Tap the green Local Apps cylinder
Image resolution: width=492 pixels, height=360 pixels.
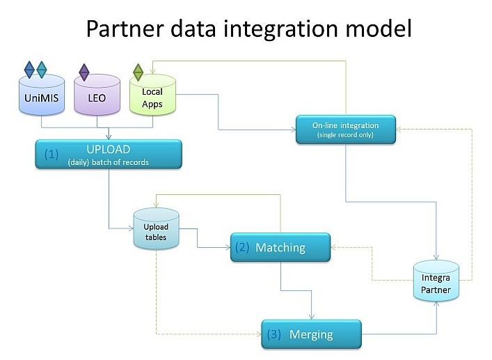[x=152, y=95]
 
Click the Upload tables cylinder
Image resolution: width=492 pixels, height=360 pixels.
[x=156, y=232]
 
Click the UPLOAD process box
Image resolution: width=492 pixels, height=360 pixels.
[x=108, y=154]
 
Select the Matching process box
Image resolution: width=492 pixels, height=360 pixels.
[x=278, y=247]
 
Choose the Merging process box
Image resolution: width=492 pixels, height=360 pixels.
[x=311, y=334]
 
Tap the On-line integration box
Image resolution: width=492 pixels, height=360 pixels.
[x=345, y=130]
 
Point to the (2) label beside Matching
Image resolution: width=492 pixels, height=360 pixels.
[x=241, y=247]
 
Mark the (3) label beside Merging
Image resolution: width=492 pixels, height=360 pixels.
[x=273, y=334]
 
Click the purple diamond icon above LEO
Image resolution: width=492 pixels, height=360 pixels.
[x=84, y=71]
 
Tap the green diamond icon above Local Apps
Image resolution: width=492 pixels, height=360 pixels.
[x=138, y=71]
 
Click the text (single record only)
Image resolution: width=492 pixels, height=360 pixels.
[x=345, y=134]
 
